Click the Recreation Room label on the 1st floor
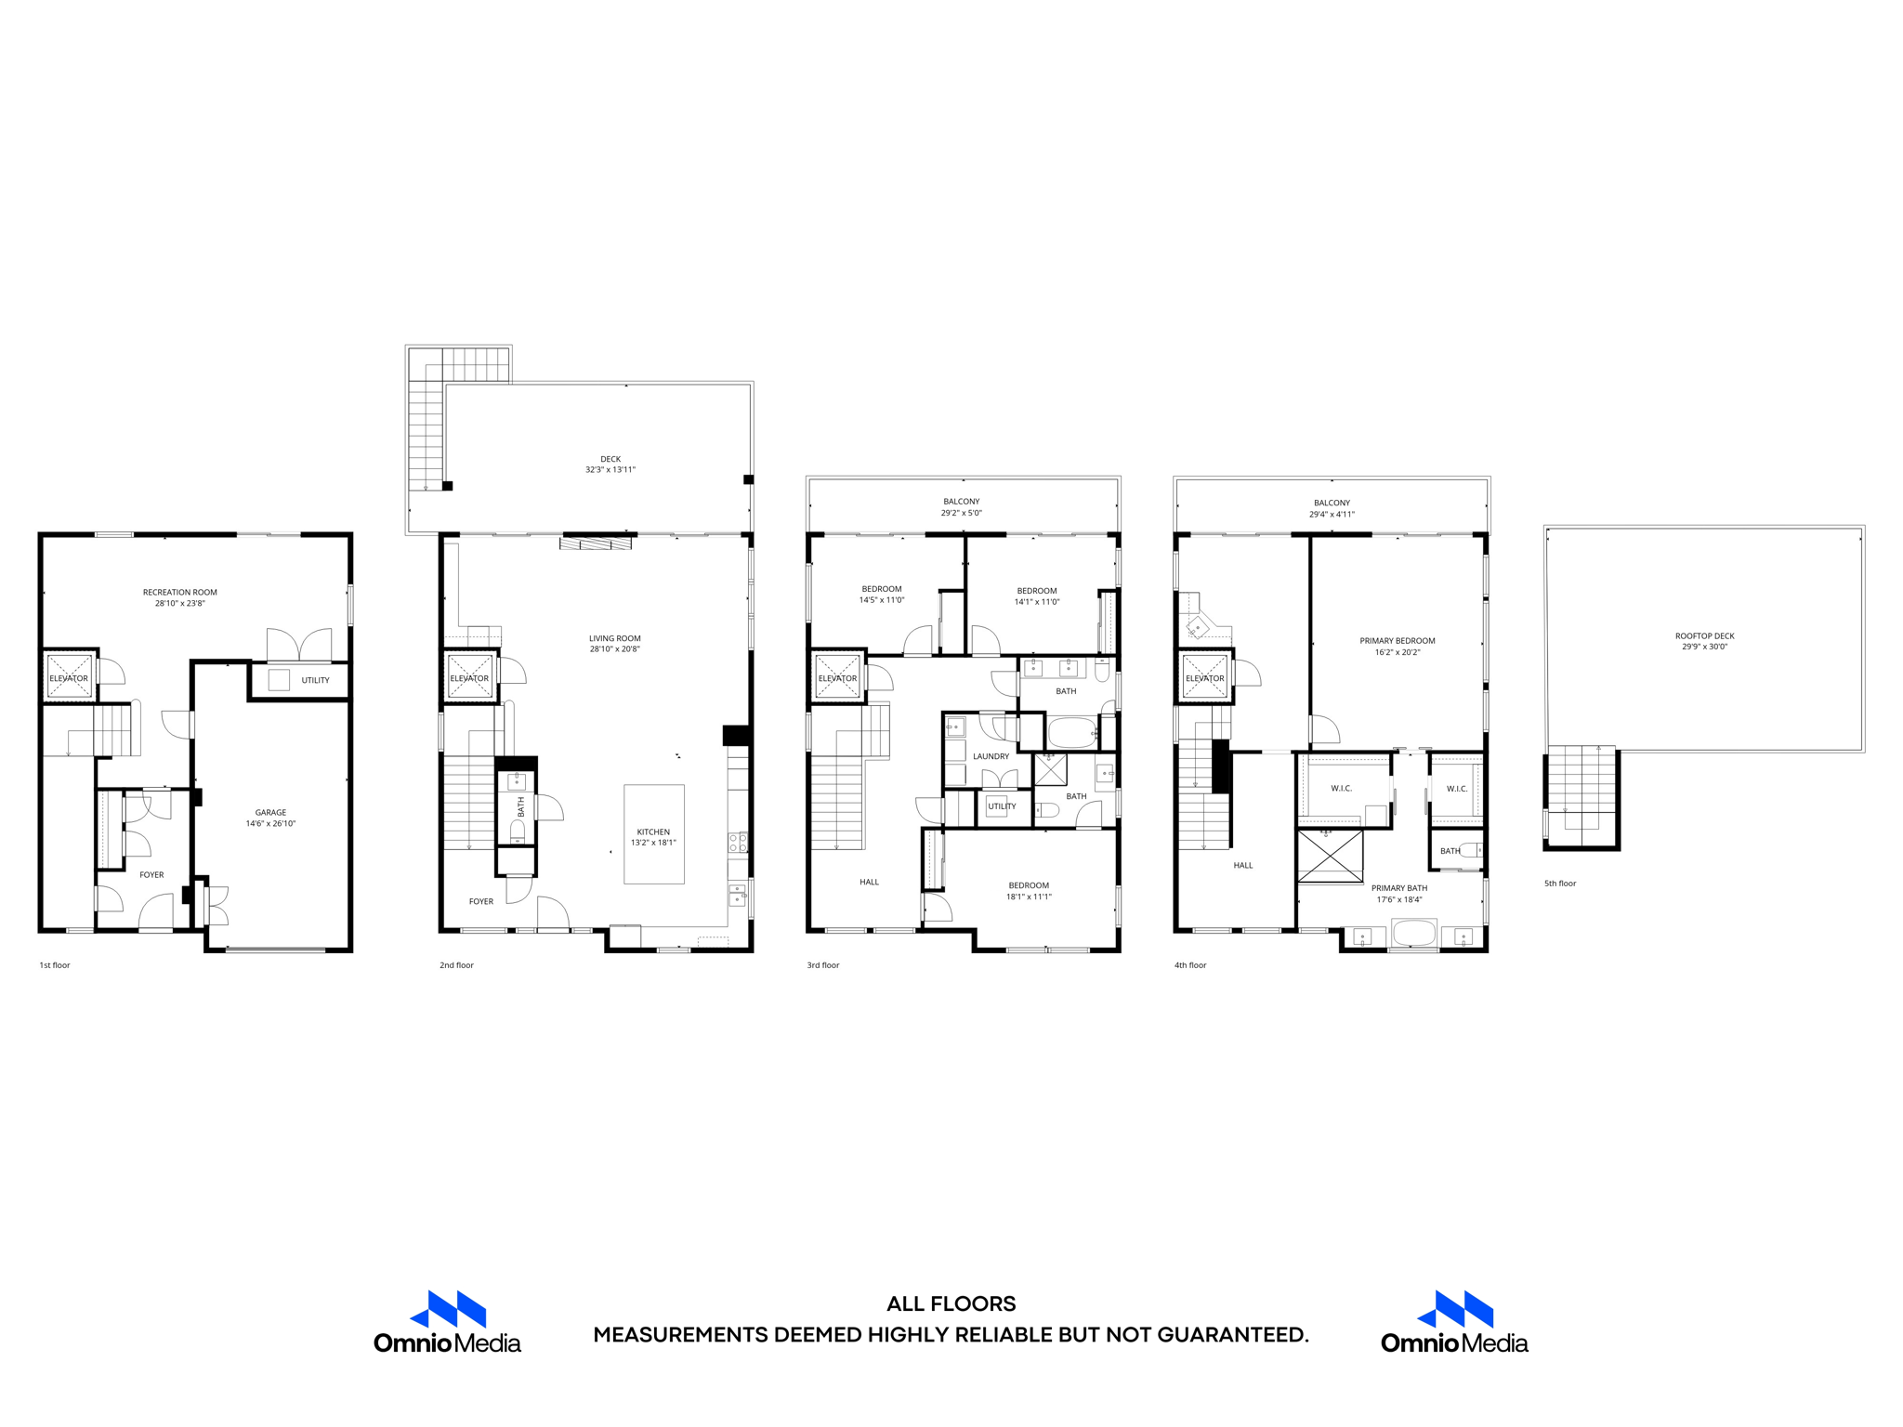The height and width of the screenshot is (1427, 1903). (179, 592)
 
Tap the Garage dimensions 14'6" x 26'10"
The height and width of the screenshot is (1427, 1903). (270, 824)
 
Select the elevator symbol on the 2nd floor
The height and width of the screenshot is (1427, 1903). (469, 677)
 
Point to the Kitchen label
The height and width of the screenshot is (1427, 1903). (653, 832)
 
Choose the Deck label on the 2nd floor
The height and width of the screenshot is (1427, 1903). (610, 459)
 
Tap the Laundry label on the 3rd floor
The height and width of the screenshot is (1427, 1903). (991, 756)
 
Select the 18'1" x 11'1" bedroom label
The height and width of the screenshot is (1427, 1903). (1029, 897)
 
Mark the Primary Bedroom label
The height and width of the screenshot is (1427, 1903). (1397, 641)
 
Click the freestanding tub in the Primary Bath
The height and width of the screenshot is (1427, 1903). (1413, 933)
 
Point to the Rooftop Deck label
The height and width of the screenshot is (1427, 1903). (1704, 636)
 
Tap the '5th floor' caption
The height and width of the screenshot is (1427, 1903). (1560, 884)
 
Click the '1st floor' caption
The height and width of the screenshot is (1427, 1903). (55, 965)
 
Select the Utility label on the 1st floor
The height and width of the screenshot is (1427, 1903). (315, 680)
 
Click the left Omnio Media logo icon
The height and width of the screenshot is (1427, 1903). (448, 1309)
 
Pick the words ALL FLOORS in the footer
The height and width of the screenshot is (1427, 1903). (951, 1304)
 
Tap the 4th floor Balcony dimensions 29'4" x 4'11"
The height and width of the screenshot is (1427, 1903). (1332, 515)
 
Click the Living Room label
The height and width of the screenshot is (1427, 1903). (614, 638)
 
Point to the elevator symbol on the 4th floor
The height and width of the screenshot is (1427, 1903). (1204, 677)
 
